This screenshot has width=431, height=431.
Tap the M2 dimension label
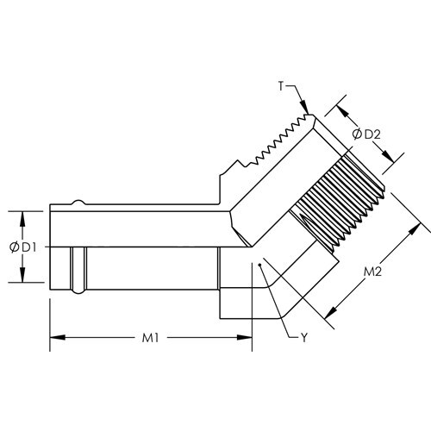(x=372, y=273)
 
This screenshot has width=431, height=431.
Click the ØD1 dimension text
(x=21, y=247)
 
